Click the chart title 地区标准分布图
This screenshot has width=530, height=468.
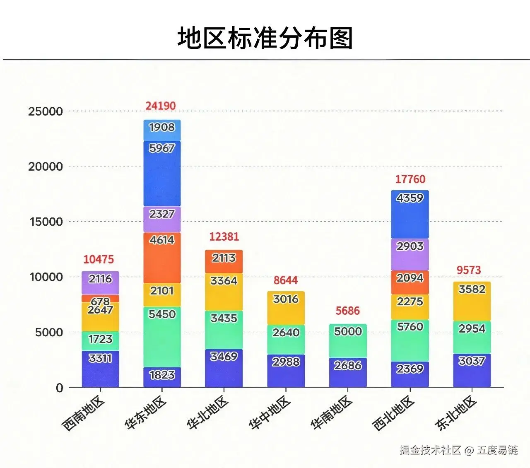click(x=265, y=38)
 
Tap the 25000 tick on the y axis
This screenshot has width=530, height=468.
click(x=46, y=111)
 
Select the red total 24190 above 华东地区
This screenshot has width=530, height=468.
click(x=161, y=106)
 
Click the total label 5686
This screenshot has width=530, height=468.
click(x=347, y=311)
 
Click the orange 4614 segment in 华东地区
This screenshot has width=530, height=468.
click(x=162, y=258)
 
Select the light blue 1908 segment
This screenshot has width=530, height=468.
click(x=162, y=130)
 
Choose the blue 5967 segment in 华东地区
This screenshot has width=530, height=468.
click(x=162, y=173)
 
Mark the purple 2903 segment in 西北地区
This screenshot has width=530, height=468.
click(x=410, y=254)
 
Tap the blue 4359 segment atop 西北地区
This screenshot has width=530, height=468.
click(x=410, y=214)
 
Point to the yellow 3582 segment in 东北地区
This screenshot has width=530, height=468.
click(x=472, y=301)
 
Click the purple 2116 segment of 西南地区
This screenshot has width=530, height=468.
click(x=100, y=282)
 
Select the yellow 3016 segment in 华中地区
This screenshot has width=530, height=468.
click(x=286, y=308)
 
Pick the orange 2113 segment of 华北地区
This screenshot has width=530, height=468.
click(x=224, y=261)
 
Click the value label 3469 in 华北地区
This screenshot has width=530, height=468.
click(x=224, y=357)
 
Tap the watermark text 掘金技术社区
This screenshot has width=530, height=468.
click(x=430, y=450)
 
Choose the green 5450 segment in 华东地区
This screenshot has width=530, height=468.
click(x=162, y=336)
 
